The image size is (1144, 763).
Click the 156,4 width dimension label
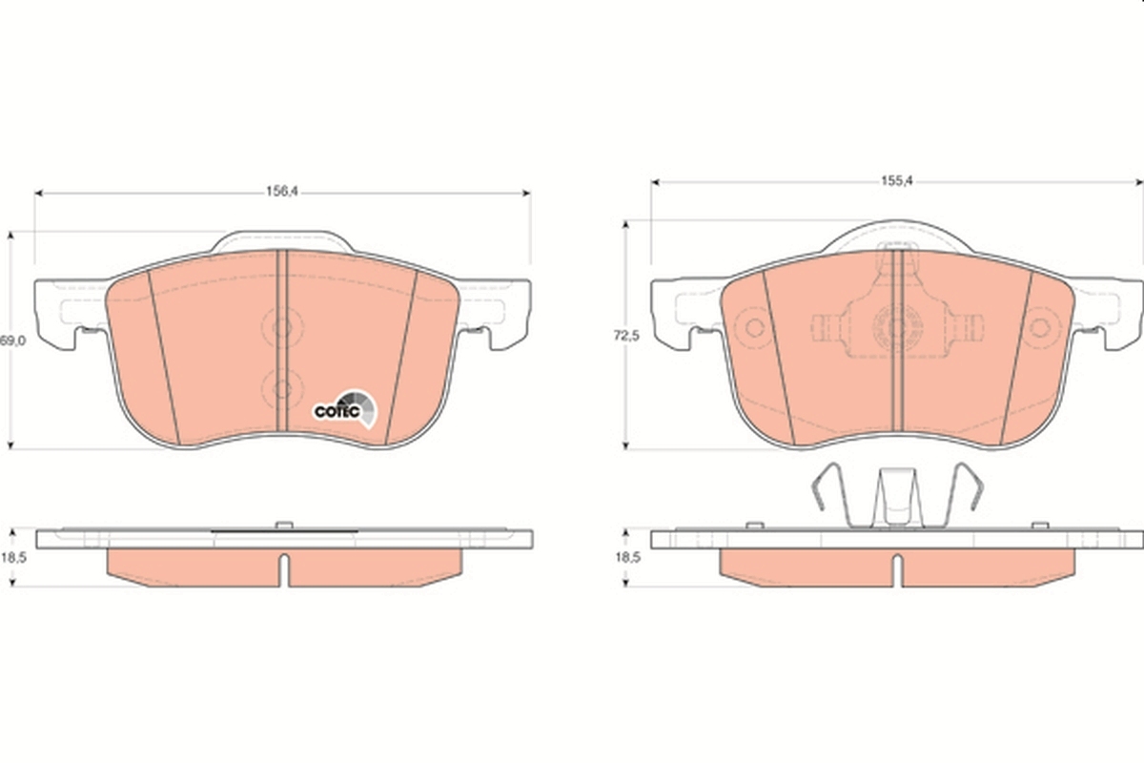click(282, 191)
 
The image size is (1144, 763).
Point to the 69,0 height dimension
click(10, 340)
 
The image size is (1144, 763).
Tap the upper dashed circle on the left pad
click(281, 328)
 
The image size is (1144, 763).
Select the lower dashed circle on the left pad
click(281, 387)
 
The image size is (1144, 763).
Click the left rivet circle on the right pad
click(755, 328)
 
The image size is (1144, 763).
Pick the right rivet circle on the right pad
click(1040, 328)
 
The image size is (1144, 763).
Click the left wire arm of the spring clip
click(826, 490)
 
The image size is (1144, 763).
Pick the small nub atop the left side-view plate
click(282, 524)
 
